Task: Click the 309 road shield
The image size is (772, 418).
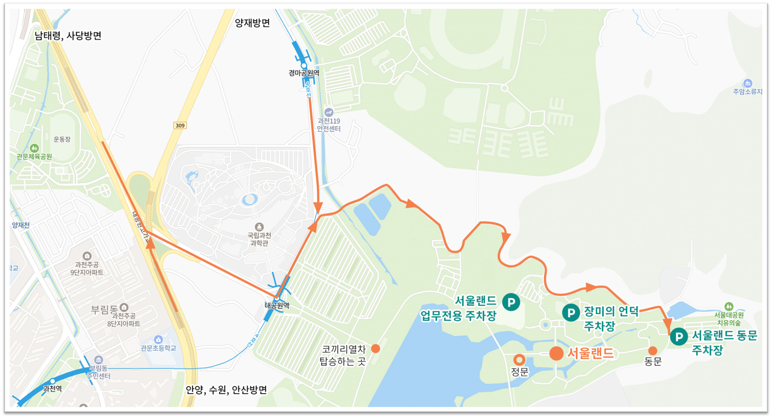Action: click(180, 125)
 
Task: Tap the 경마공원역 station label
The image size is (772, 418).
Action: click(304, 73)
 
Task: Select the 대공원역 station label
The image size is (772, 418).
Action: click(277, 305)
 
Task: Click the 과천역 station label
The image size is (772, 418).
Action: click(53, 389)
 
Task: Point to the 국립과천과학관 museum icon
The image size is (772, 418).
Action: click(259, 227)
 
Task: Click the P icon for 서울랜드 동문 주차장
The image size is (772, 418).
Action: click(679, 337)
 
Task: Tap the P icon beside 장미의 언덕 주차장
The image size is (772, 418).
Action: click(571, 313)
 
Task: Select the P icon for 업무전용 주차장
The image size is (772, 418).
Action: click(511, 302)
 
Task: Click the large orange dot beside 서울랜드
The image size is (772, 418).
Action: click(556, 353)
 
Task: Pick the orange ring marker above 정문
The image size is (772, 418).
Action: click(519, 359)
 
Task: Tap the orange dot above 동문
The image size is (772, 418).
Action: click(652, 351)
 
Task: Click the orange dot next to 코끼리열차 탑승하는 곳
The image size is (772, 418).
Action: click(375, 348)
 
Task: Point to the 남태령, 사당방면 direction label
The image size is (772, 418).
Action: click(68, 36)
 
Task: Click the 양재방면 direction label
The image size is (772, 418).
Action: click(252, 23)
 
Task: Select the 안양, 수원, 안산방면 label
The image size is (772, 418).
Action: click(226, 390)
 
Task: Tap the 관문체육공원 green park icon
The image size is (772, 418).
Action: click(34, 148)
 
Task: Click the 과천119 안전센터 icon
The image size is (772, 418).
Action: click(329, 112)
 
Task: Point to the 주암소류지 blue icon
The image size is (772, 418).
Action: click(747, 83)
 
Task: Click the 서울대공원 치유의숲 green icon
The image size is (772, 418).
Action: click(728, 306)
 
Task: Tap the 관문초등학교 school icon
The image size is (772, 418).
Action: click(158, 339)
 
